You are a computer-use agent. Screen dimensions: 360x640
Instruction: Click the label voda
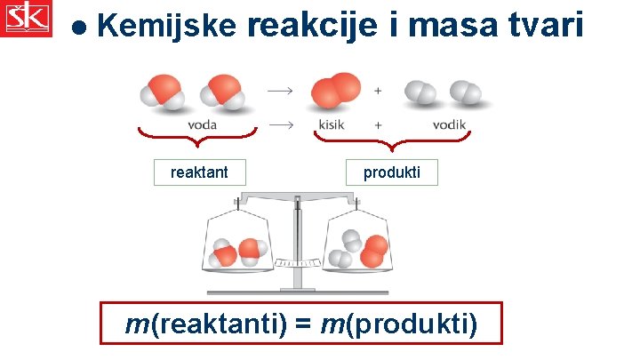pyautogui.click(x=202, y=124)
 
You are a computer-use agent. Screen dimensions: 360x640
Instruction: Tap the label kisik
pyautogui.click(x=332, y=124)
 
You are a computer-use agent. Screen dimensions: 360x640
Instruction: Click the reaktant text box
pyautogui.click(x=199, y=172)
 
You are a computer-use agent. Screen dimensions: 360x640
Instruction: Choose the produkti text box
pyautogui.click(x=391, y=172)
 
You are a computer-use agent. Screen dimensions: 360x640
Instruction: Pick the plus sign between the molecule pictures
pyautogui.click(x=379, y=91)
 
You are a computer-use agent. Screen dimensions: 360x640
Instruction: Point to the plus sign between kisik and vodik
pyautogui.click(x=379, y=124)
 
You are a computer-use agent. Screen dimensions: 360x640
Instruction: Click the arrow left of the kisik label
pyautogui.click(x=281, y=124)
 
